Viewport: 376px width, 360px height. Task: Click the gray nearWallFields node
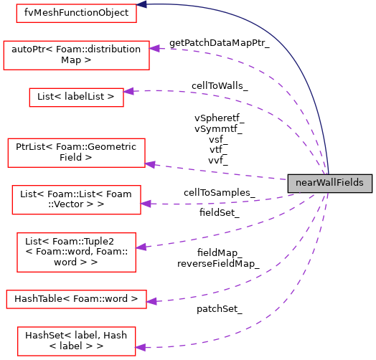[x=330, y=183]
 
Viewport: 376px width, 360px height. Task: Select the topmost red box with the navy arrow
[x=76, y=13]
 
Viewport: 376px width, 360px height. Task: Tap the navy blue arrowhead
[x=142, y=4]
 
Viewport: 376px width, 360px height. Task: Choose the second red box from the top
[x=76, y=55]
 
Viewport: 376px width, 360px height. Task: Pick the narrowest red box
[x=76, y=98]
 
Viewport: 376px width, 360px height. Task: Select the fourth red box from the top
[x=76, y=153]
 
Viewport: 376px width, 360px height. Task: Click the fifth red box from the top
[x=76, y=199]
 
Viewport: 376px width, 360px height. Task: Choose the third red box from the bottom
[x=76, y=252]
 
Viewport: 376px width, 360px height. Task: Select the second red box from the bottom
[x=76, y=299]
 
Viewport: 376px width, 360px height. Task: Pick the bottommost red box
[x=76, y=341]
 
